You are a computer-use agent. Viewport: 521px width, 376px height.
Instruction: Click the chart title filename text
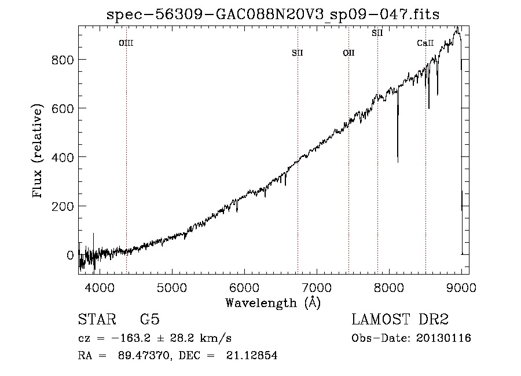pyautogui.click(x=273, y=14)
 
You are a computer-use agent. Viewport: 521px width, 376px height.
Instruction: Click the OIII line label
pyautogui.click(x=126, y=43)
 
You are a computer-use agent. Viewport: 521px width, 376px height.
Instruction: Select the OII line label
pyautogui.click(x=349, y=53)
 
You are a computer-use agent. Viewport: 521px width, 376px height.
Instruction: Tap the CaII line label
pyautogui.click(x=425, y=43)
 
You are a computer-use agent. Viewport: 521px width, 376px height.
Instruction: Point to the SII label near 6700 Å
pyautogui.click(x=298, y=53)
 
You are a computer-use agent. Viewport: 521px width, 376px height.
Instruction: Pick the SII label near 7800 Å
pyautogui.click(x=377, y=33)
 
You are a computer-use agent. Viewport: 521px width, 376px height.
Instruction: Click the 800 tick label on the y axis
pyautogui.click(x=63, y=60)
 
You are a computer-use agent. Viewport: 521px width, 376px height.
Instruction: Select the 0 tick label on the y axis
pyautogui.click(x=70, y=255)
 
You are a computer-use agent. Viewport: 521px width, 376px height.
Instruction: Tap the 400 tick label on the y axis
pyautogui.click(x=63, y=158)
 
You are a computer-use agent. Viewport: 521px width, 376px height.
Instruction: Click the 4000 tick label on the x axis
pyautogui.click(x=100, y=287)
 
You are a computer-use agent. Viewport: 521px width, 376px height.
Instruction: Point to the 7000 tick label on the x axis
pyautogui.click(x=317, y=287)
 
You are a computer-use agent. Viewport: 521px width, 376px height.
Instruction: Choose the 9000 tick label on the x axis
pyautogui.click(x=461, y=287)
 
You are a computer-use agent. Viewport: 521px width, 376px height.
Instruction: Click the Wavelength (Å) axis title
pyautogui.click(x=273, y=303)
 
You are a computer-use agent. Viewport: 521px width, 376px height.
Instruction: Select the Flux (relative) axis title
pyautogui.click(x=37, y=151)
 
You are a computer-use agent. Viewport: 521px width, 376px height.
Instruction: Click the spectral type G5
pyautogui.click(x=150, y=319)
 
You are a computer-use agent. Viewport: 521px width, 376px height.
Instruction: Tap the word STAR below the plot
pyautogui.click(x=97, y=319)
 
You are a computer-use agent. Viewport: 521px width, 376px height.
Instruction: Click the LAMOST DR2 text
pyautogui.click(x=400, y=319)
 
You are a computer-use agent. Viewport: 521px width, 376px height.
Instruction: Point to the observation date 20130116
pyautogui.click(x=443, y=338)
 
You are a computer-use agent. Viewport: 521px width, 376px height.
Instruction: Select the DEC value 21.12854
pyautogui.click(x=252, y=355)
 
